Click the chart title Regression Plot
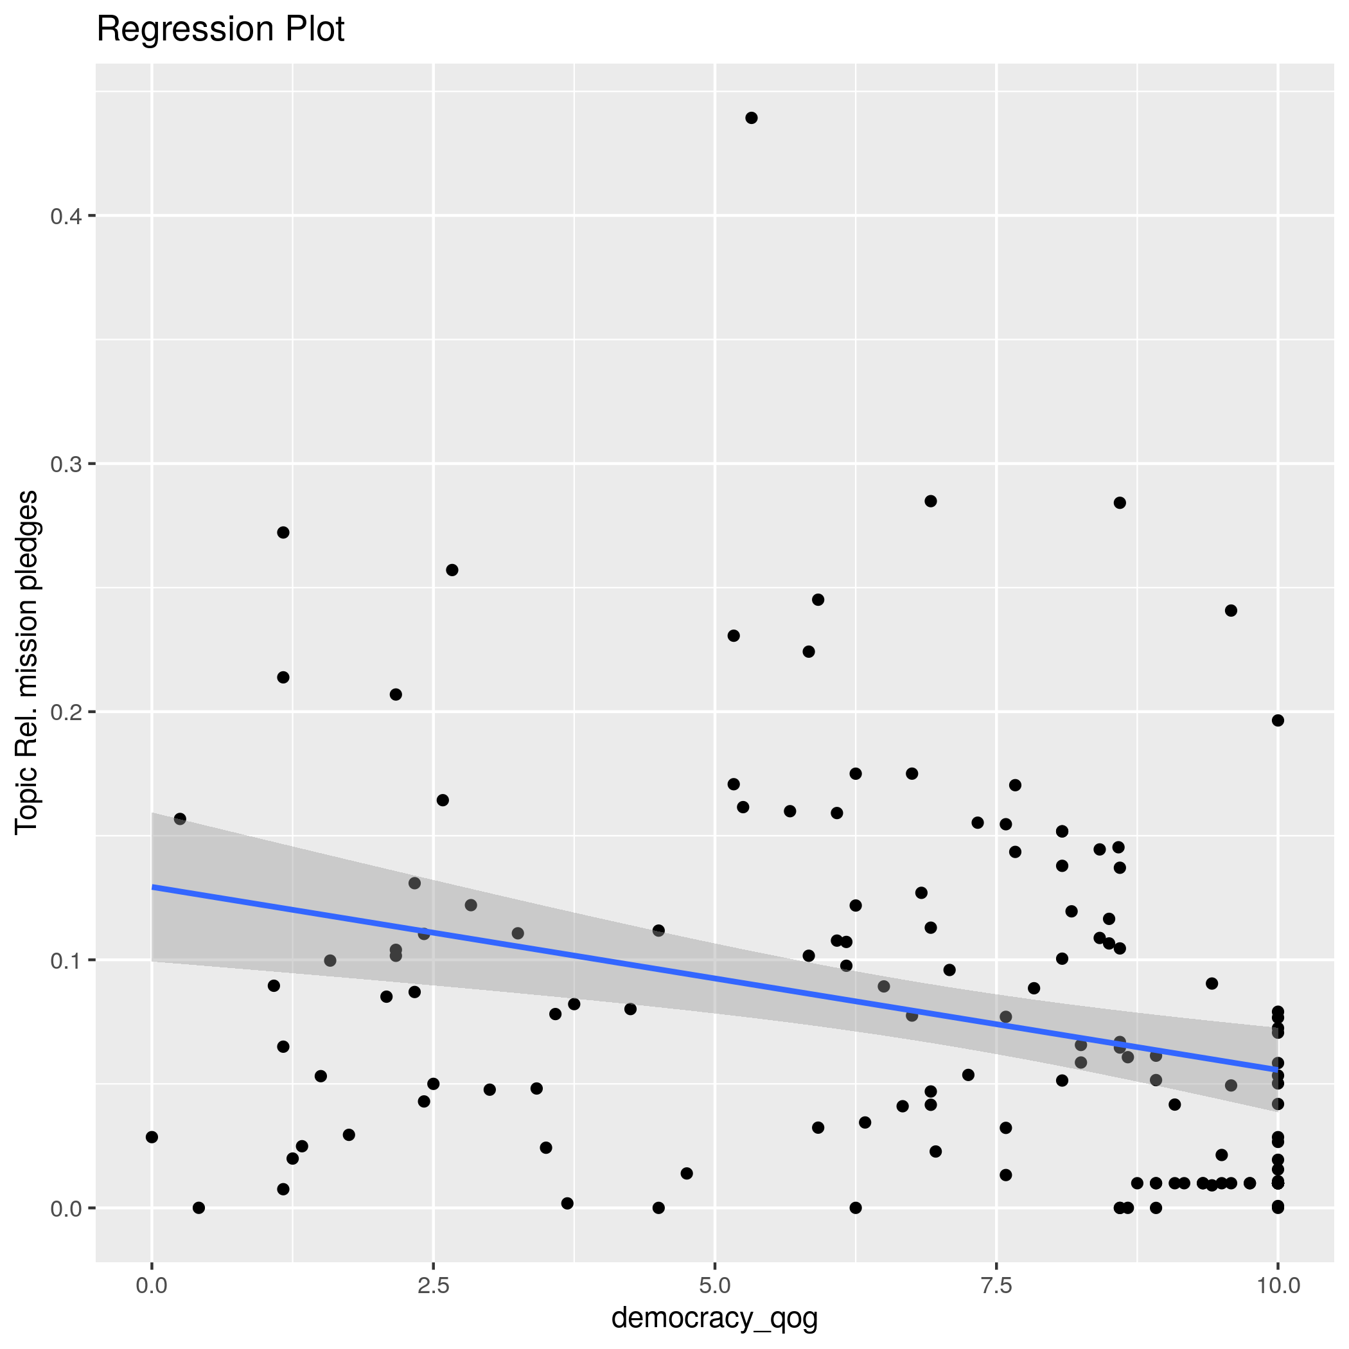[220, 30]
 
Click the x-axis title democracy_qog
[714, 1318]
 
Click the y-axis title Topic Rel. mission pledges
[26, 661]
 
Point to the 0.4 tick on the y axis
[66, 216]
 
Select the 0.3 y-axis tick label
[66, 464]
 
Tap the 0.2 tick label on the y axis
[66, 712]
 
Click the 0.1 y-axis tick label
[66, 960]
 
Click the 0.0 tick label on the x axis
[152, 1285]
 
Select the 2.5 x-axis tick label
[433, 1285]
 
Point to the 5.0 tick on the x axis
[714, 1285]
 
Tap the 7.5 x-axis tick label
[996, 1285]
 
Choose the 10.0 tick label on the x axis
[1277, 1285]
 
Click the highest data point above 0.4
[752, 118]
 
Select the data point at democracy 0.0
[152, 1137]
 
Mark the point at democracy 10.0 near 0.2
[1278, 721]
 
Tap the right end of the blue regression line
[1277, 1069]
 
